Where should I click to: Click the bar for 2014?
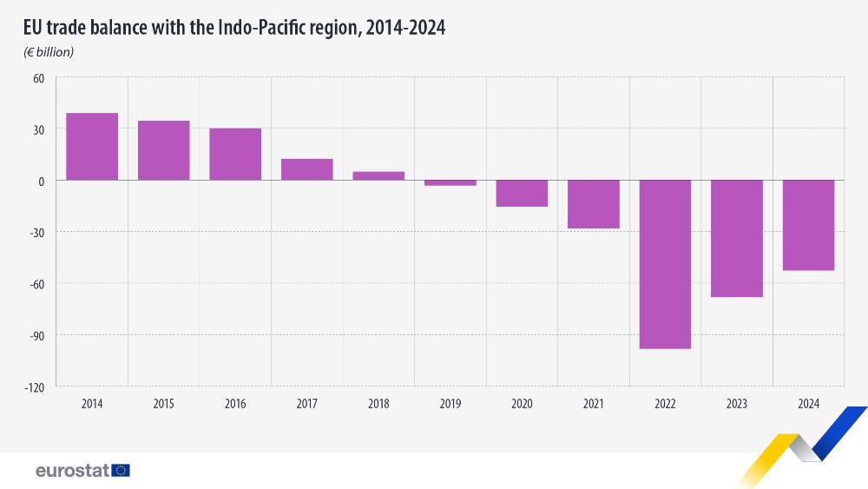[x=92, y=147]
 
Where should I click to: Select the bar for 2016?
[x=235, y=155]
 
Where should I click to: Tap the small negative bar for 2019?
[x=450, y=182]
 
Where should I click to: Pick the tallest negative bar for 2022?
[x=665, y=264]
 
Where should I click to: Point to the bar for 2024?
[x=808, y=225]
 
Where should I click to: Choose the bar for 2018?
[x=378, y=175]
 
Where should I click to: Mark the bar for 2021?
[x=593, y=204]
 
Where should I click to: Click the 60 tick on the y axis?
[x=38, y=77]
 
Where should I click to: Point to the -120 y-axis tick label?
[x=35, y=387]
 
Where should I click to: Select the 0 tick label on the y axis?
[x=41, y=181]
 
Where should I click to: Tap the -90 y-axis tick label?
[x=36, y=335]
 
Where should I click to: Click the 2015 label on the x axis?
[x=163, y=404]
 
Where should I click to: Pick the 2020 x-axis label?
[x=522, y=404]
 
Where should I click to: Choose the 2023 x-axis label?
[x=736, y=404]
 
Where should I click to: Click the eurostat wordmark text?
[x=72, y=470]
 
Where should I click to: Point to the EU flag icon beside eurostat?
[x=121, y=470]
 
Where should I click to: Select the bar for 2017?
[x=306, y=169]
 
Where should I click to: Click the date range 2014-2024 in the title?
[x=405, y=28]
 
